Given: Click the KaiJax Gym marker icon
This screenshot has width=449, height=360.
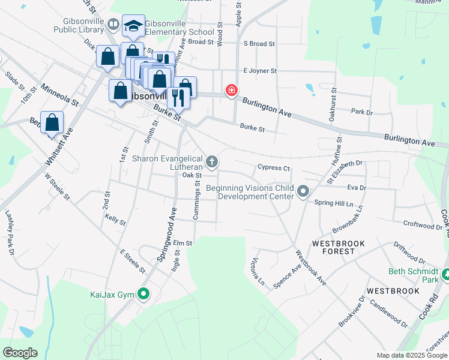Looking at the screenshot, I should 143,294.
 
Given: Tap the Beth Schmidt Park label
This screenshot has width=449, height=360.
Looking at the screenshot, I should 414,275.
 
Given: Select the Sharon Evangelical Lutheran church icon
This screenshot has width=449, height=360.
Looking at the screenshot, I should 211,161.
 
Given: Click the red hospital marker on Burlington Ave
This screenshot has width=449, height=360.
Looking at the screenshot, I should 231,91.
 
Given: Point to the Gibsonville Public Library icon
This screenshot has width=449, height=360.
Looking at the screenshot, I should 113,25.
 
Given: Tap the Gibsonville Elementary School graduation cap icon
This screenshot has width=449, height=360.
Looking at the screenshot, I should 133,26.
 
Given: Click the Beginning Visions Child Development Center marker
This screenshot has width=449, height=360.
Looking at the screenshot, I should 303,192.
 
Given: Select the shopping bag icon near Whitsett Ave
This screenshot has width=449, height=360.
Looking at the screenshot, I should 52,122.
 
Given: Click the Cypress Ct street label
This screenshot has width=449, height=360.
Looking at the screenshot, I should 274,168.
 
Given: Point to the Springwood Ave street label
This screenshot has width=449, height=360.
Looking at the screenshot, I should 166,233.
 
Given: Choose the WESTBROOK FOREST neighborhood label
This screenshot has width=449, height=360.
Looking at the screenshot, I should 334,247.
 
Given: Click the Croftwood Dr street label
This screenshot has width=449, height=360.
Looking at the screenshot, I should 423,226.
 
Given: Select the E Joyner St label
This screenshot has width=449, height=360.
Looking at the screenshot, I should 260,71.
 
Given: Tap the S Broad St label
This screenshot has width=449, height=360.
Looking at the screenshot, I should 259,44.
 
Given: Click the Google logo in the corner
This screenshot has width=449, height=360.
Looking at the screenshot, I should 20,353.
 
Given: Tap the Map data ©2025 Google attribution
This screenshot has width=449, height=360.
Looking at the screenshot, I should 411,355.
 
